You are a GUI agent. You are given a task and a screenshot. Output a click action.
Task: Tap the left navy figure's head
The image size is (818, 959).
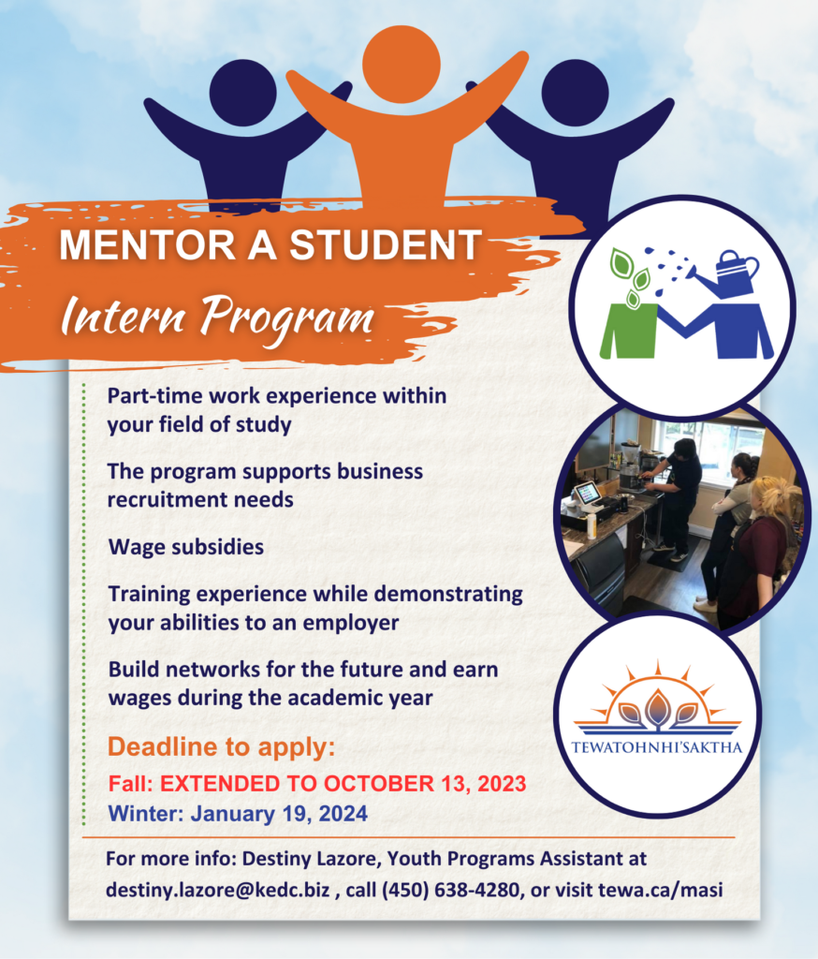(x=242, y=93)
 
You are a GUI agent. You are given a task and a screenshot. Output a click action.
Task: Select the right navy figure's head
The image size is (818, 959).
(x=575, y=93)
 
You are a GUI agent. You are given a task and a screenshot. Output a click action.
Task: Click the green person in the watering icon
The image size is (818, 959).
(x=628, y=331)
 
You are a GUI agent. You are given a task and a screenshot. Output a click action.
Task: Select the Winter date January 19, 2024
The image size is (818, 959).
(x=279, y=813)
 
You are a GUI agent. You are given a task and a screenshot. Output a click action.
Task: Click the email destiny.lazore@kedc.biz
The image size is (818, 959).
(x=218, y=890)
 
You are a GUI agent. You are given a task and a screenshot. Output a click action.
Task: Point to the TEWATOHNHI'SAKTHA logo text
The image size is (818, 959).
(x=657, y=747)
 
